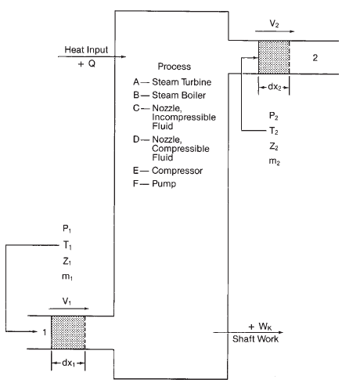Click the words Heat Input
(86, 49)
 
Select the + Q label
(87, 63)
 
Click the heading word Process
(175, 67)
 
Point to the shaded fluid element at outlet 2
(274, 57)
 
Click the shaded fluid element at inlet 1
(68, 332)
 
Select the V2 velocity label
(274, 23)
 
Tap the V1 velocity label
(67, 302)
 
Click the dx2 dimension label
(274, 87)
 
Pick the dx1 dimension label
(68, 363)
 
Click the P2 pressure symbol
(273, 116)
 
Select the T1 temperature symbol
(67, 245)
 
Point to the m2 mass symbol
(275, 161)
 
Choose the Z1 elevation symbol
(67, 261)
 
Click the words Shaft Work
(255, 339)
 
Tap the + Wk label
(261, 327)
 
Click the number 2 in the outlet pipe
(315, 58)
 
